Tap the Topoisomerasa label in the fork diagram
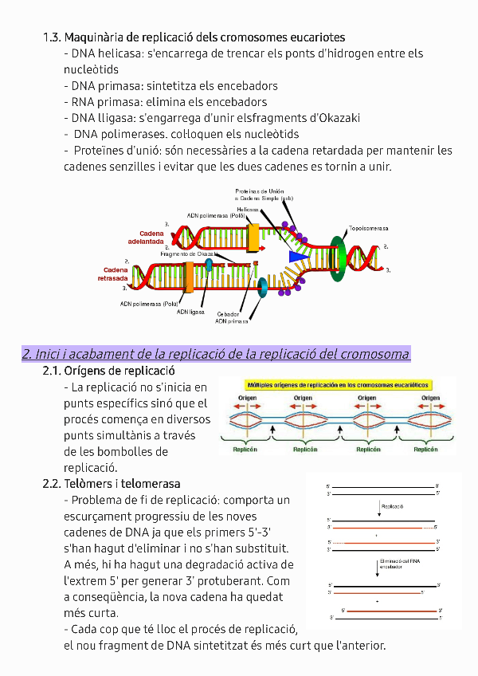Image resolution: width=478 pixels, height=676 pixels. (x=368, y=229)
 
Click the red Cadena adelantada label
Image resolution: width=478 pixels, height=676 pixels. (x=146, y=237)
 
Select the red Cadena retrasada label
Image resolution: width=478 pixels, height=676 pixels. (x=112, y=274)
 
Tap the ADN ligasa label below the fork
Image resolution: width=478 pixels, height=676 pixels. (x=191, y=312)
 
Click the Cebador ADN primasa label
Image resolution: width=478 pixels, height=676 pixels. (x=232, y=317)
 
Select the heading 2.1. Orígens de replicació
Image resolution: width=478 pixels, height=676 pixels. (x=108, y=371)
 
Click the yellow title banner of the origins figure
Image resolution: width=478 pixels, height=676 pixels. (x=337, y=384)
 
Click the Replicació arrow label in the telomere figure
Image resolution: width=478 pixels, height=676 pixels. (x=393, y=505)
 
